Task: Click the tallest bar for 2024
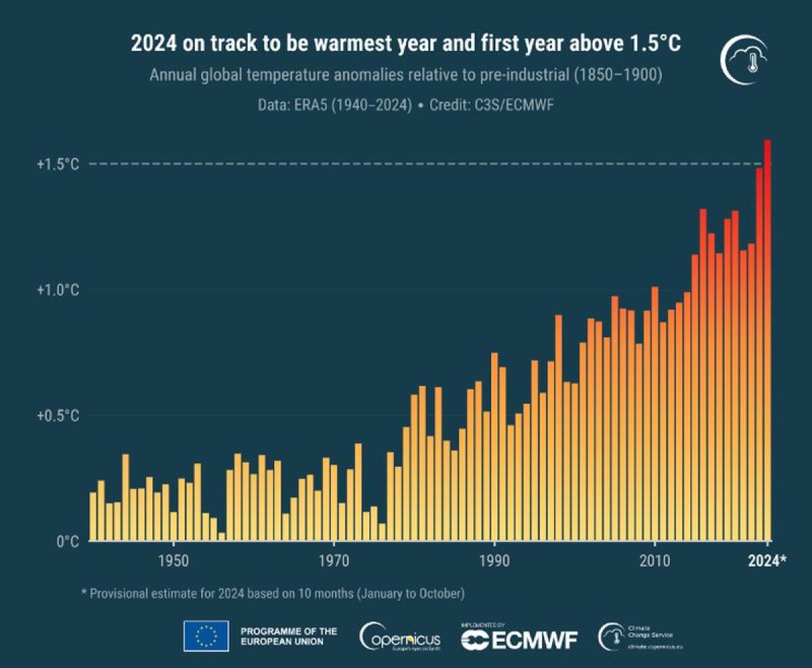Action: point(767,338)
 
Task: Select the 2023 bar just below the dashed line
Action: point(759,352)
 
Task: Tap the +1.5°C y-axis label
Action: point(58,164)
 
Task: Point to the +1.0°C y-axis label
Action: point(58,290)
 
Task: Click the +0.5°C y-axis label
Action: point(58,416)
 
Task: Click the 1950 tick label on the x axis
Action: point(174,561)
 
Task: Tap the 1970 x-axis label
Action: point(334,561)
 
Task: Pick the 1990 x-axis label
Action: point(494,561)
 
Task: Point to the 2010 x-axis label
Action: point(654,561)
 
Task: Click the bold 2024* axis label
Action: point(767,561)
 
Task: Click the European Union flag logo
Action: point(206,636)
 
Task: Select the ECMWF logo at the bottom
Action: point(519,638)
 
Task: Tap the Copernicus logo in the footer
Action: point(400,637)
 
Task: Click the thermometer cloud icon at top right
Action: point(744,60)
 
